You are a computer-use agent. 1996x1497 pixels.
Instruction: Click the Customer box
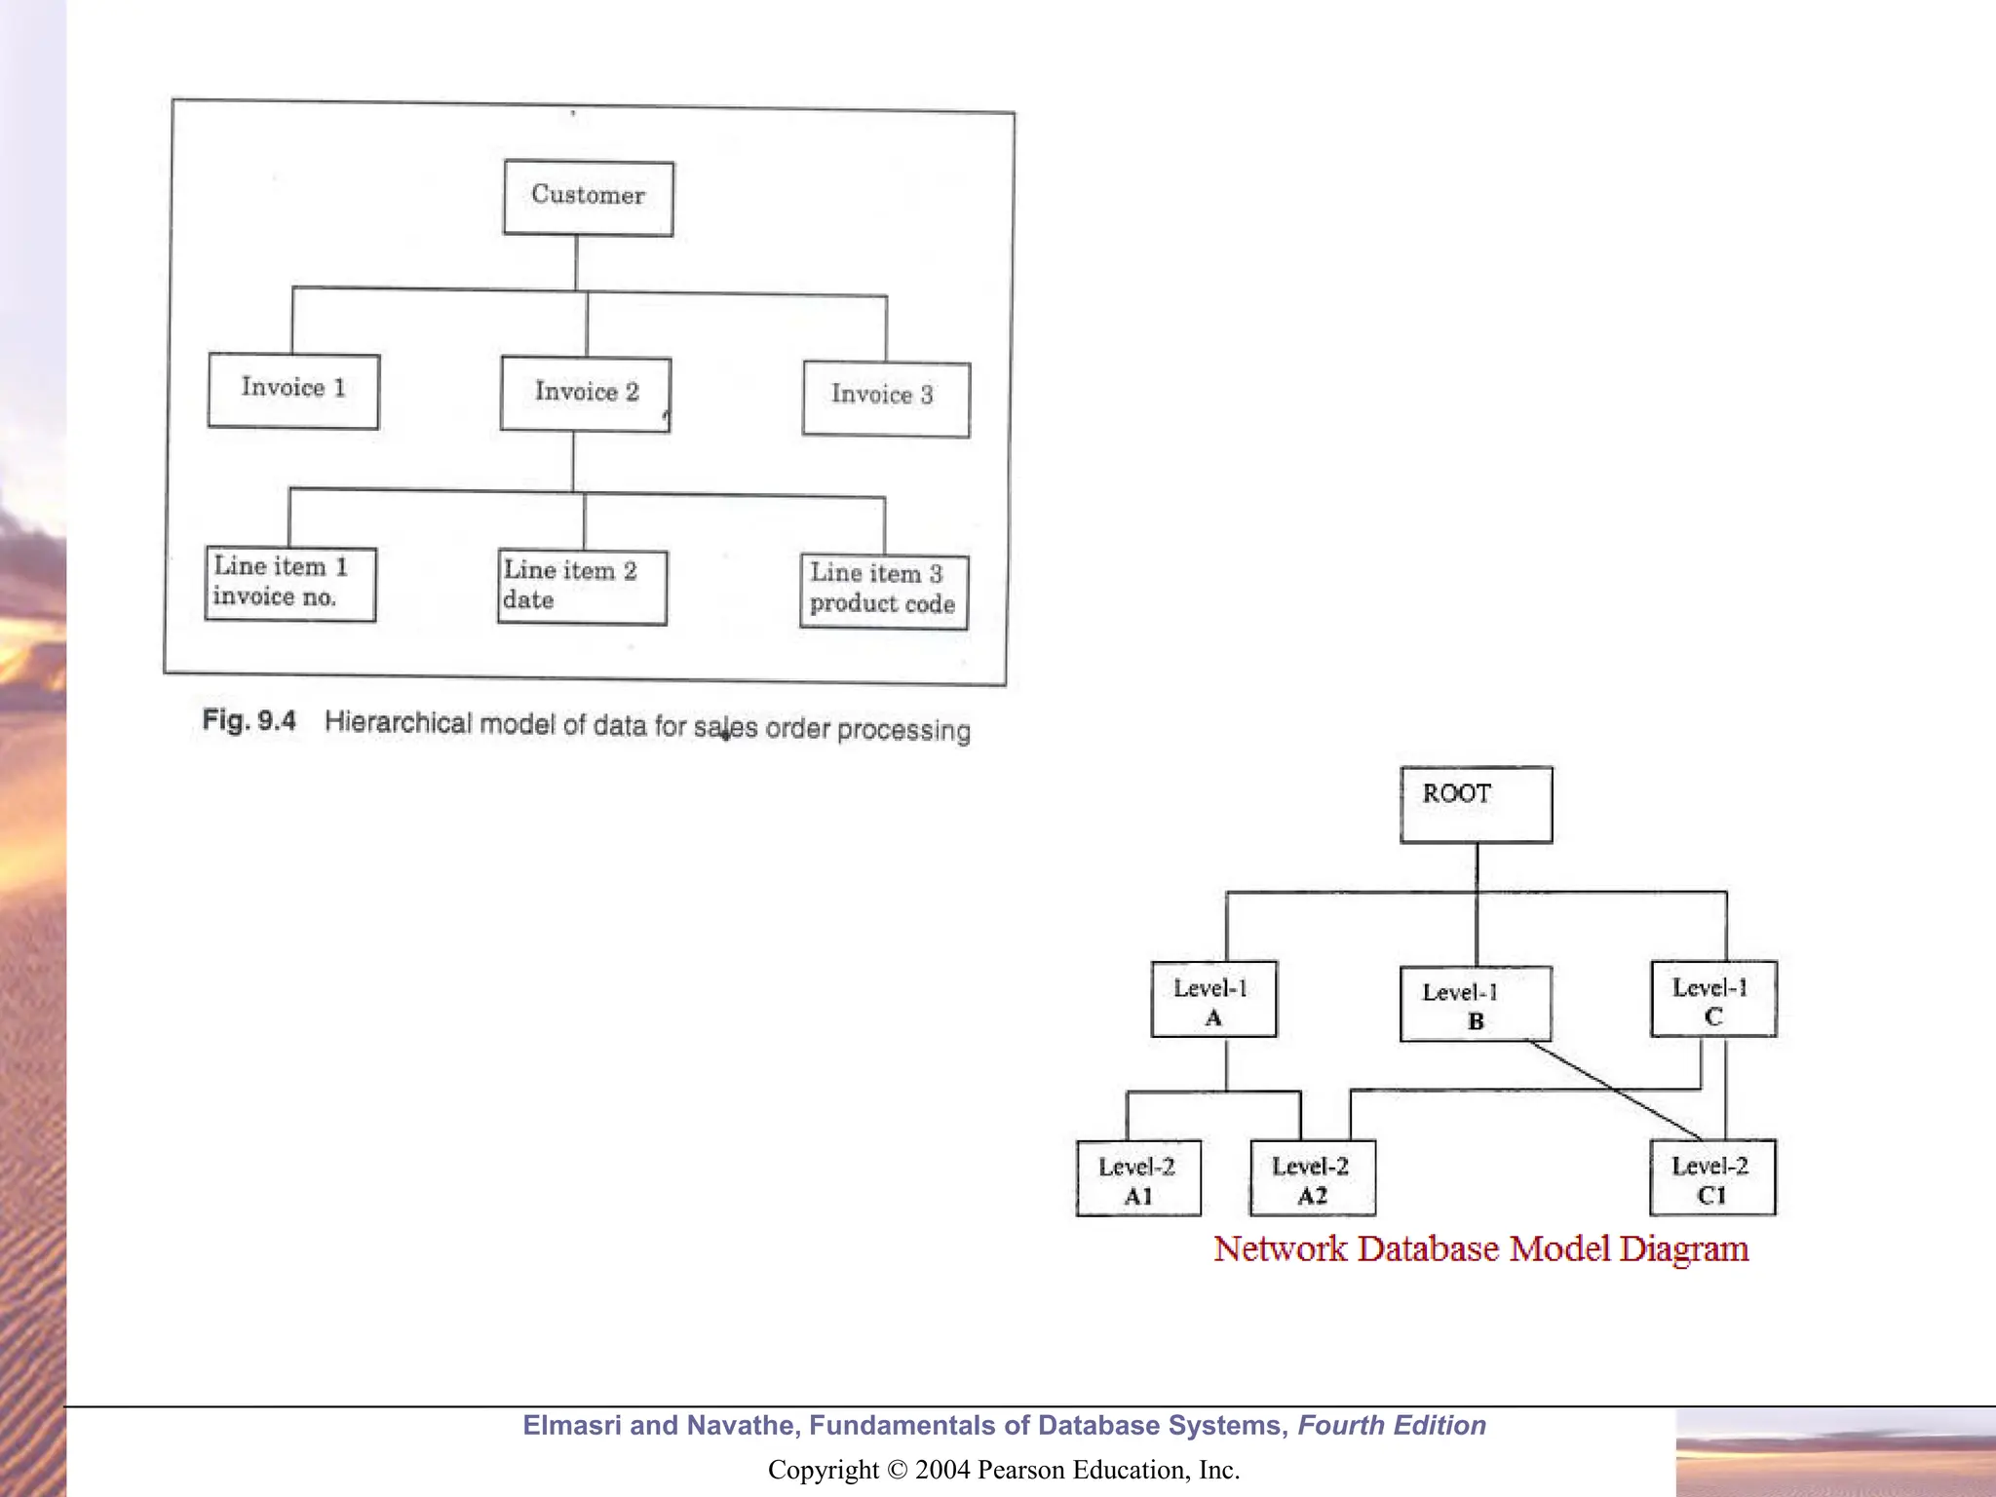tap(588, 198)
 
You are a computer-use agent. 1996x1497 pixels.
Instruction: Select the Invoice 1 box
tap(293, 390)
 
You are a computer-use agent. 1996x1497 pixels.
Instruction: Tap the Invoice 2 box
tap(586, 394)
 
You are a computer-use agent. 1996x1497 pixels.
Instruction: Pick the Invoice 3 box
tap(886, 399)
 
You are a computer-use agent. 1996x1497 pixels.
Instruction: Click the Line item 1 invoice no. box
tap(290, 583)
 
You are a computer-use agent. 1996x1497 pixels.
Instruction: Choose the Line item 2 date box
tap(582, 587)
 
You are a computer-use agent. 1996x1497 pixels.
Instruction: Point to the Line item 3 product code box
tap(884, 591)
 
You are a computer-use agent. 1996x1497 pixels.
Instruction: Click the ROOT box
tap(1476, 804)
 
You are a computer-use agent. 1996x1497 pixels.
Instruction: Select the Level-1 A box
tap(1213, 1000)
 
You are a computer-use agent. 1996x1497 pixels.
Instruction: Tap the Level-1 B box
tap(1475, 1004)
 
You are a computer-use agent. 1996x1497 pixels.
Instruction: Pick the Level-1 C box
tap(1713, 999)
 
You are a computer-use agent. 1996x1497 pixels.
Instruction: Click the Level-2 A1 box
tap(1138, 1178)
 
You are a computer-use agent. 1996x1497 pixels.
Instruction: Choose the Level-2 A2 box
tap(1312, 1178)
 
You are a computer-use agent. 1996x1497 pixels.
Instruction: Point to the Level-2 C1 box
tap(1712, 1177)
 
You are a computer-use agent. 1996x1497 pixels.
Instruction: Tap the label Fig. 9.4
tap(249, 720)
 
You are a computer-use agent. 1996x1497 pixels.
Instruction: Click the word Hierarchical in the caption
tap(398, 722)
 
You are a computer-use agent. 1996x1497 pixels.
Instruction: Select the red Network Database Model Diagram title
tap(1480, 1248)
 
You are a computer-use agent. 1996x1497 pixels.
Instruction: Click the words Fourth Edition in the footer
tap(1392, 1425)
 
